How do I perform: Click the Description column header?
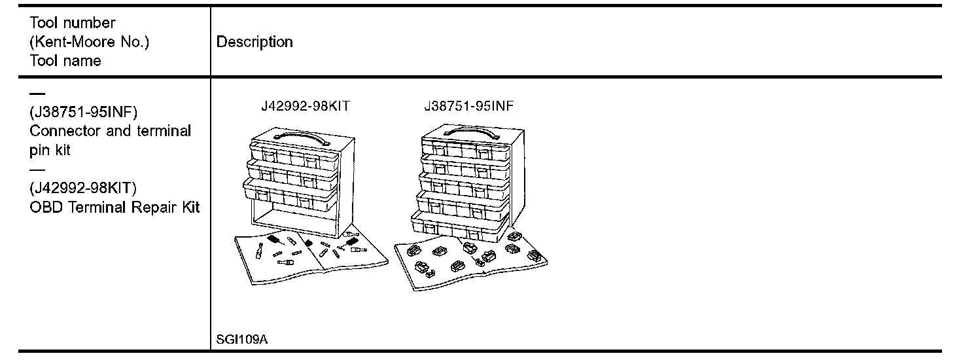coord(254,43)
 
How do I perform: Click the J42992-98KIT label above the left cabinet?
coord(305,107)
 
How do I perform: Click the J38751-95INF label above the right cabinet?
coord(468,107)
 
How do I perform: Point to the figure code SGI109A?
coord(241,341)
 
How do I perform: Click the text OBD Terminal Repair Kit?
coord(114,207)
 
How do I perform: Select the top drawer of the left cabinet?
coord(294,154)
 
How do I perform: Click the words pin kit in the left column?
coord(50,150)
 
